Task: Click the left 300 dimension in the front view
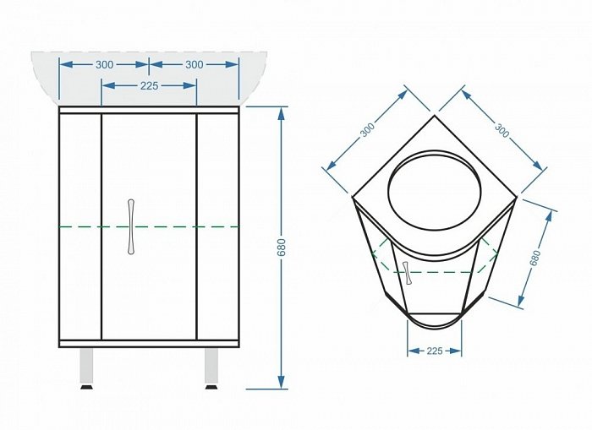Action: (104, 65)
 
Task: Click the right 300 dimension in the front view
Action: (194, 65)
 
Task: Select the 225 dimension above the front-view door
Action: (149, 86)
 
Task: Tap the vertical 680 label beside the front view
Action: (282, 248)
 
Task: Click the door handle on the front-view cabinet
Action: (130, 226)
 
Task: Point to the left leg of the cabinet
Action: (87, 366)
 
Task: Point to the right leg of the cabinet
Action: (211, 366)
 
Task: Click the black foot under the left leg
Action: (87, 387)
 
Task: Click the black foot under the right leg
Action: (211, 387)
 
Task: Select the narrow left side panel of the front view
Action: (80, 226)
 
